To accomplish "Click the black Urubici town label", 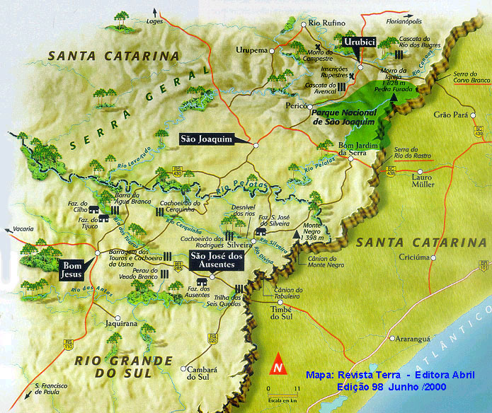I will click(x=357, y=43).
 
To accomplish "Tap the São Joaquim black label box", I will click(x=207, y=139).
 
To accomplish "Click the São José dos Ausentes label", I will click(x=217, y=261).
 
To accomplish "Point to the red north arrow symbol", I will click(x=279, y=363).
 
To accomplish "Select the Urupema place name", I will click(x=256, y=50).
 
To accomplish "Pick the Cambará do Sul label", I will click(x=200, y=373).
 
